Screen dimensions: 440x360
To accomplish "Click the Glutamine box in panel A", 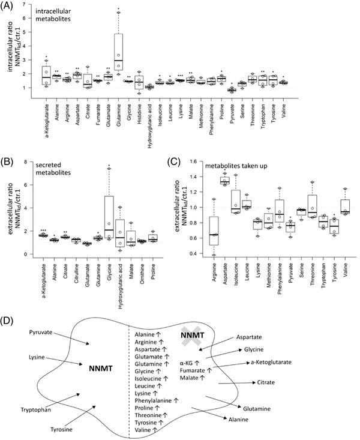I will (119, 51).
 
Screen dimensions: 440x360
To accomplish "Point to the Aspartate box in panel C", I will (208, 181).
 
